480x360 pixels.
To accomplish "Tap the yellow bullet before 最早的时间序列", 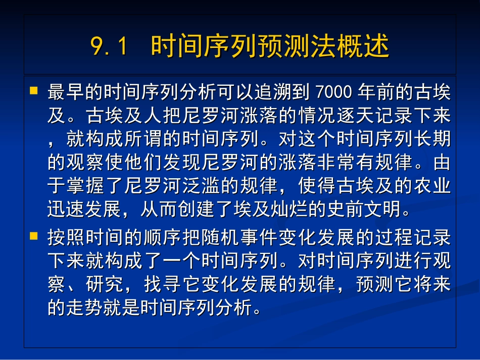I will click(34, 91).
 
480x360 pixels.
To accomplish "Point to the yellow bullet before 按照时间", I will click(34, 235).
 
